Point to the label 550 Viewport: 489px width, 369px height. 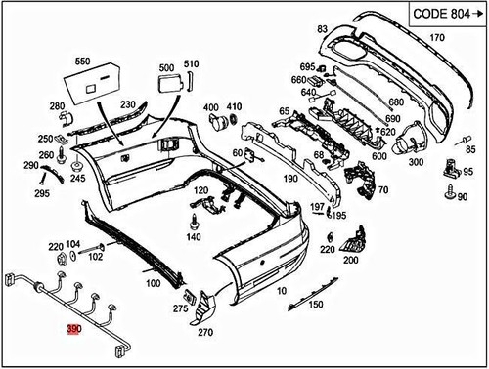(81, 61)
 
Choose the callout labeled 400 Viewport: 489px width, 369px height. (210, 107)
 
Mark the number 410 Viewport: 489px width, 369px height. (234, 107)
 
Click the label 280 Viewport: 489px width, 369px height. (58, 105)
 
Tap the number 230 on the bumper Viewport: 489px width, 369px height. (128, 105)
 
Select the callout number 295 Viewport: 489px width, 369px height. (42, 194)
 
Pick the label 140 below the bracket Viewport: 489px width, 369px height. (193, 237)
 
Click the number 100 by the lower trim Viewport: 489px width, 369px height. (153, 284)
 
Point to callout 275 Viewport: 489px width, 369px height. (180, 308)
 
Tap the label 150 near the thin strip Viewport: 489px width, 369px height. (315, 305)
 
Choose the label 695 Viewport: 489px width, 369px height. (307, 66)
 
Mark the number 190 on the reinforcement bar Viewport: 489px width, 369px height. (290, 180)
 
